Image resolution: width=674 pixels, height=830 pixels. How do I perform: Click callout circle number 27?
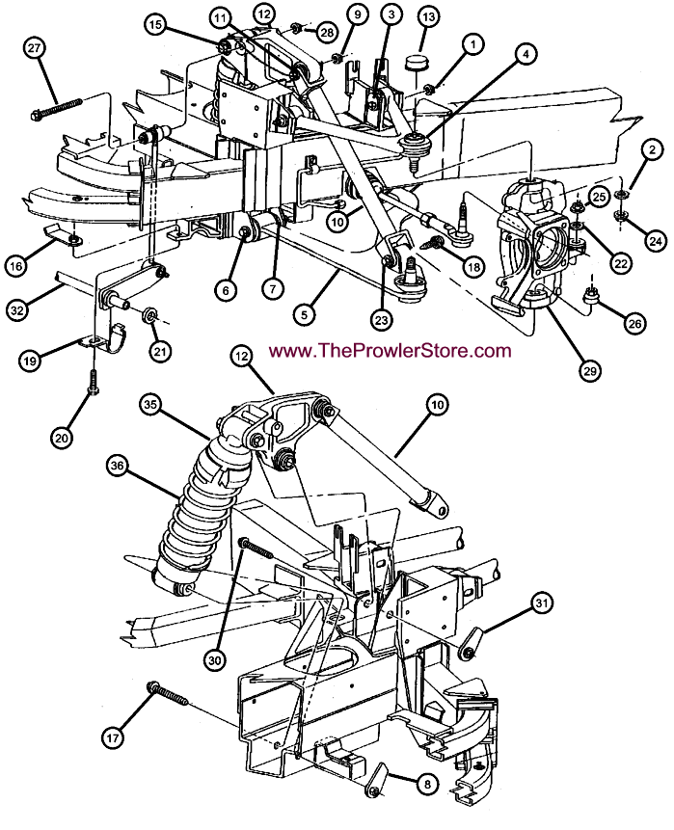click(36, 49)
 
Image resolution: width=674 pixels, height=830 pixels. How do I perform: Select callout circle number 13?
click(428, 17)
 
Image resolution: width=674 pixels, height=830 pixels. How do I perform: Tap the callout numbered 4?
click(526, 55)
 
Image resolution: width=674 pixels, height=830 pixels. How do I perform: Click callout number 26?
click(634, 324)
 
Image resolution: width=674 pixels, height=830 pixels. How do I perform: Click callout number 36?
click(118, 466)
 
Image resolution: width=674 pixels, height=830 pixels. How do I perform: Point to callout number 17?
click(115, 738)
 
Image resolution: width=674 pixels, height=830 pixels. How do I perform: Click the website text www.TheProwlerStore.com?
click(390, 351)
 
